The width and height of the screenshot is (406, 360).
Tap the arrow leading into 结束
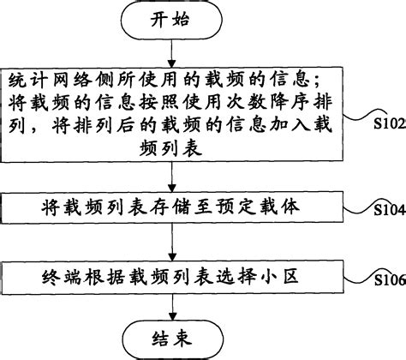(x=174, y=303)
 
